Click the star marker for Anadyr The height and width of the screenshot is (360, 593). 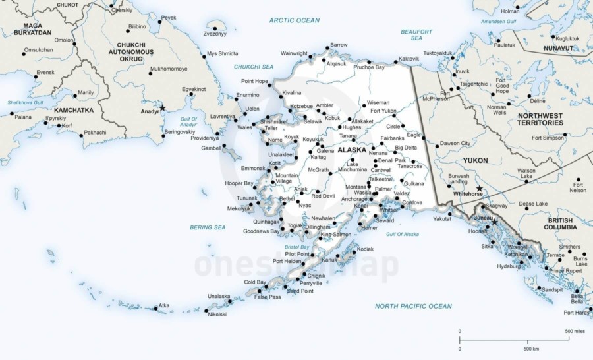(162, 107)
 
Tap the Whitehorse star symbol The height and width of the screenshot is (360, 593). (479, 189)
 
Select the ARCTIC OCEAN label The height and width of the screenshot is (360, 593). (295, 21)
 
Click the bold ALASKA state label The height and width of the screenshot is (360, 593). (352, 150)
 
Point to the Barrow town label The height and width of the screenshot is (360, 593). (339, 45)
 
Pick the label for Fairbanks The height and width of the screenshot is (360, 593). (392, 138)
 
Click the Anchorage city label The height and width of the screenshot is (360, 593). (354, 199)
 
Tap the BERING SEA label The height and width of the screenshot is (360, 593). (208, 227)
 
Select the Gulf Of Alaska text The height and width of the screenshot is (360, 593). (403, 235)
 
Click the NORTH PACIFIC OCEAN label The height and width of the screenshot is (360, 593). (413, 306)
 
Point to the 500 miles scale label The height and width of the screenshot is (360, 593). (575, 331)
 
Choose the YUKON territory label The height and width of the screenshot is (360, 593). (476, 160)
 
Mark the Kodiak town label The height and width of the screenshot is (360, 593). (365, 249)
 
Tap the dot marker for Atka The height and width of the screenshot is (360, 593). (156, 307)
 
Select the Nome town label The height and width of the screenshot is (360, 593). (275, 140)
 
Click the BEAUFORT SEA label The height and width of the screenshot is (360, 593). (416, 35)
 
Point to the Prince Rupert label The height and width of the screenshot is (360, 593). (565, 270)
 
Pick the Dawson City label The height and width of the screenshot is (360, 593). (455, 143)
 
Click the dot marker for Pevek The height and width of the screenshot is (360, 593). (160, 22)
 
